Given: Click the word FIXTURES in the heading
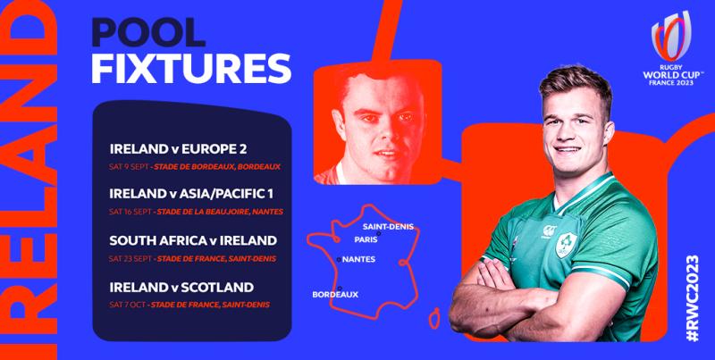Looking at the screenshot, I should pos(191,68).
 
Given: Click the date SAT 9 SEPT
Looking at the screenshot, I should pos(127,165).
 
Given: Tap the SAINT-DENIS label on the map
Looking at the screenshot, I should pos(389,226).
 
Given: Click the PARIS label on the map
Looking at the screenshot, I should pos(366,239).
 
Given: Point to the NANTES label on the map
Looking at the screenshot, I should pos(358,260).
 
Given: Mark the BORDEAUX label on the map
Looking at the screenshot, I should pos(335,294).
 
